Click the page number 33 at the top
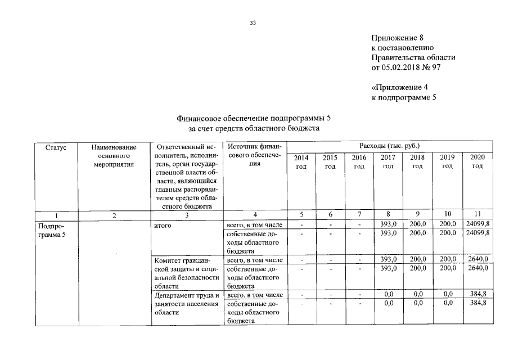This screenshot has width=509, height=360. [x=253, y=23]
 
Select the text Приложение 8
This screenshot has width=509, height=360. [x=397, y=38]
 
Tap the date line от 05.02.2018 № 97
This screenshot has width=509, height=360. [x=413, y=68]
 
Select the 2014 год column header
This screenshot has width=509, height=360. [x=301, y=162]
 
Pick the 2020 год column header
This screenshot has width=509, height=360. [x=477, y=162]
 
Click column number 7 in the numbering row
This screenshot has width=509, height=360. [x=359, y=214]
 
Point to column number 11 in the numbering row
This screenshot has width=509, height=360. [x=477, y=214]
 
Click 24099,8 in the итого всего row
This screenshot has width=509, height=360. [x=477, y=224]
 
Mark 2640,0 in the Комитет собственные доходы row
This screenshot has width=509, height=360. [x=477, y=268]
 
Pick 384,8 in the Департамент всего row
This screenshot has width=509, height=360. [x=477, y=294]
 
